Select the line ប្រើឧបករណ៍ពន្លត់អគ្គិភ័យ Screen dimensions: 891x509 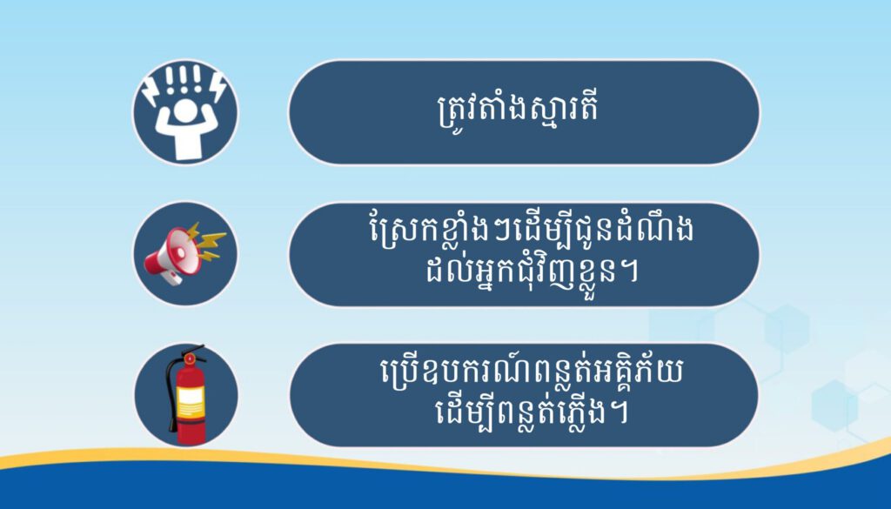pos(532,373)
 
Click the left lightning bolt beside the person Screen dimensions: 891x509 pos(151,90)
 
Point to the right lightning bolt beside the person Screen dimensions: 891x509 pos(218,88)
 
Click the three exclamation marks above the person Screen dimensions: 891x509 pos(184,79)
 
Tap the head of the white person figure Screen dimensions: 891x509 pos(185,111)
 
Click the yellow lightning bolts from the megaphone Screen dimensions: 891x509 pos(206,241)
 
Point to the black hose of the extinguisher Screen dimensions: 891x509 pos(171,392)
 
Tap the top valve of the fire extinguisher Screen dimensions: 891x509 pos(190,356)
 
